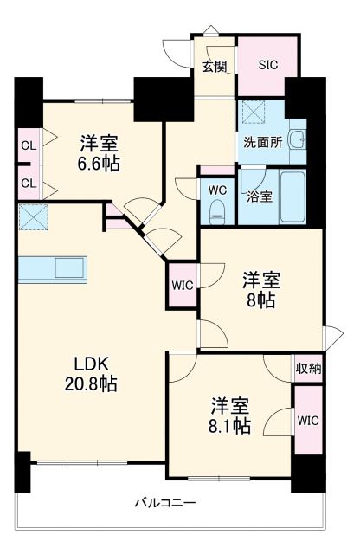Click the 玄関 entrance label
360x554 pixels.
(x=214, y=66)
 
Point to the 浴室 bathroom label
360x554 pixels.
(x=260, y=196)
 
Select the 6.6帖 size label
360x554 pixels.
(x=100, y=163)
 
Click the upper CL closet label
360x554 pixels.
(x=29, y=145)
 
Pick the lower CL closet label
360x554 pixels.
(x=29, y=183)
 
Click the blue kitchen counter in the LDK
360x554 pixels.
(x=52, y=268)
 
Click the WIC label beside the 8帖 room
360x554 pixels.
(x=183, y=284)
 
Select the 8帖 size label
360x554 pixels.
(x=259, y=301)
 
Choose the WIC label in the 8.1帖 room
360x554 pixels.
(x=307, y=421)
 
